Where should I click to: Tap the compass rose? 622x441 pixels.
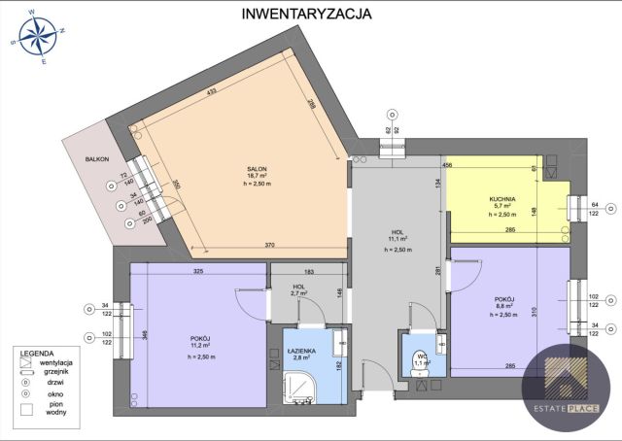coord(37,40)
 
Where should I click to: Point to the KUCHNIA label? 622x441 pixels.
coord(502,198)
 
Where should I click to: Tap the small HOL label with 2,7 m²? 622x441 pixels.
coord(299,286)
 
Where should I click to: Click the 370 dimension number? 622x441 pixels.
coord(271,246)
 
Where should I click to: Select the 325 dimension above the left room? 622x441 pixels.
coord(198,271)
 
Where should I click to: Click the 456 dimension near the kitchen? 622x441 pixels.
coord(448,165)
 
